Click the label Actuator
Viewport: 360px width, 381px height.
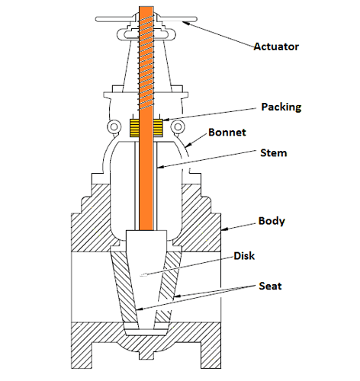276,46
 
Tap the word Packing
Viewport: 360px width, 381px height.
281,107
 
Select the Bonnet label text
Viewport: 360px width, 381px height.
227,133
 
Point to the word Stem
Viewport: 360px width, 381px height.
274,153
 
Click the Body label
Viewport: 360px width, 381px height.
272,221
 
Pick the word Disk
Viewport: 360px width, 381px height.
244,256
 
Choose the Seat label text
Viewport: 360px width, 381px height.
270,286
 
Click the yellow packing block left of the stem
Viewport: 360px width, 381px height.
134,127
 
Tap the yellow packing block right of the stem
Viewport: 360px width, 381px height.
158,127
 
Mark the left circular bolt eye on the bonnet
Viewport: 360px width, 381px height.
114,126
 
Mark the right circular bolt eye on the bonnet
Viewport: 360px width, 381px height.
178,126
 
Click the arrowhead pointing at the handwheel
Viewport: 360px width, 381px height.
186,23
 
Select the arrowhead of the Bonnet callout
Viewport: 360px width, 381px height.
188,145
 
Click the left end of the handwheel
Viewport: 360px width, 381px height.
97,19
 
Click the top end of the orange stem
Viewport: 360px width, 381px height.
146,7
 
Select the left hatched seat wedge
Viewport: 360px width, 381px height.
125,287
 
